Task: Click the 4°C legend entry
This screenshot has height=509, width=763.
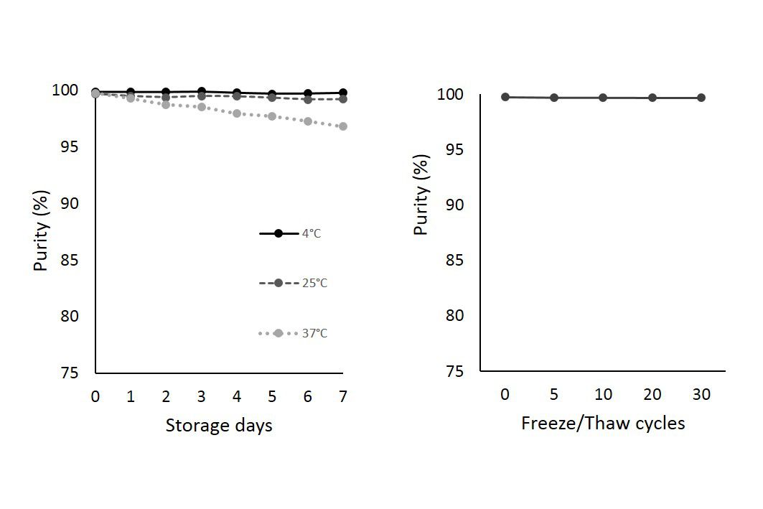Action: pos(293,233)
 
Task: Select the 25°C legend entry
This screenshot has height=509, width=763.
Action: pos(293,283)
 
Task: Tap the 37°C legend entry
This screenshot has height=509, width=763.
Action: pos(293,333)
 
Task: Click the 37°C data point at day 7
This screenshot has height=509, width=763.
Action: pos(342,126)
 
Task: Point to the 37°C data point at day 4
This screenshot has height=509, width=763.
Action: pos(237,113)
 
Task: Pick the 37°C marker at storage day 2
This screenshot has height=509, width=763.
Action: pos(166,105)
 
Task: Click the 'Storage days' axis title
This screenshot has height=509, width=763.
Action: pos(219,425)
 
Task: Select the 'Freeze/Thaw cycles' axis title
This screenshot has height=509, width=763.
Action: pos(603,423)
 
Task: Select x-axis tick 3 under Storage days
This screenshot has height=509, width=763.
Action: pos(201,396)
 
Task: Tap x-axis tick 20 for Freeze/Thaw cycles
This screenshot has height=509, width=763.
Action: pos(652,394)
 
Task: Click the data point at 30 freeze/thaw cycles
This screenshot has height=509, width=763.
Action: pos(701,98)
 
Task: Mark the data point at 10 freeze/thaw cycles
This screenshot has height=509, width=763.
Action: pos(603,98)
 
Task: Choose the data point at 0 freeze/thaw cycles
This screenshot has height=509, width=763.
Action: pos(505,97)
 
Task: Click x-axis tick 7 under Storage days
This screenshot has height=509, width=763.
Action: pos(343,396)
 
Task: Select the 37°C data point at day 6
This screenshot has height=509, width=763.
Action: pos(308,121)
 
